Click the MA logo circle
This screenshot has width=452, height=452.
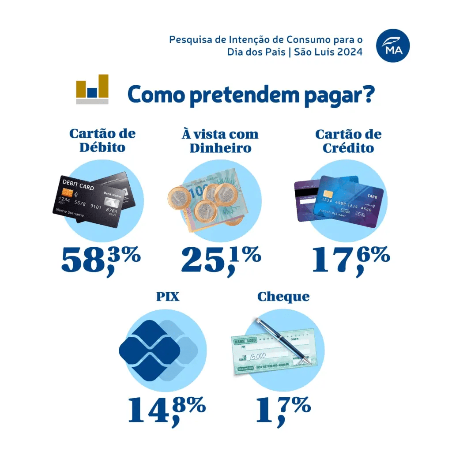tap(393, 46)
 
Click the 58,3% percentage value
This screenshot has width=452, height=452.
tap(101, 260)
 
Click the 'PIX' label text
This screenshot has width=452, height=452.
tap(168, 296)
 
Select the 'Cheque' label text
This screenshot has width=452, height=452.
tap(283, 297)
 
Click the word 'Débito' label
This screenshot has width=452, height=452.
tap(102, 147)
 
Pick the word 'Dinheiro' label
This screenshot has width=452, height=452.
tap(220, 148)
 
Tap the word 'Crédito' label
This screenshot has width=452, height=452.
tap(348, 148)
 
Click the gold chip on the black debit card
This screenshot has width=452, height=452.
tap(68, 193)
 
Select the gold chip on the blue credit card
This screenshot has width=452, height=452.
tap(328, 194)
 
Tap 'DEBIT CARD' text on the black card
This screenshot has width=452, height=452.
tap(78, 185)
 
